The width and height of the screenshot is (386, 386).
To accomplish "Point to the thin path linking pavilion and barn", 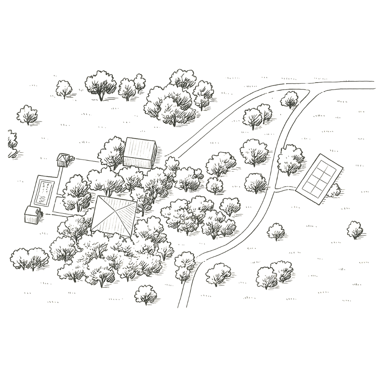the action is (86, 160).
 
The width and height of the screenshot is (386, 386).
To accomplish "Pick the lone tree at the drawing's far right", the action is (356, 229).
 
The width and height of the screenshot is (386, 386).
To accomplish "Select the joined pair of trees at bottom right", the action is (276, 274).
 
